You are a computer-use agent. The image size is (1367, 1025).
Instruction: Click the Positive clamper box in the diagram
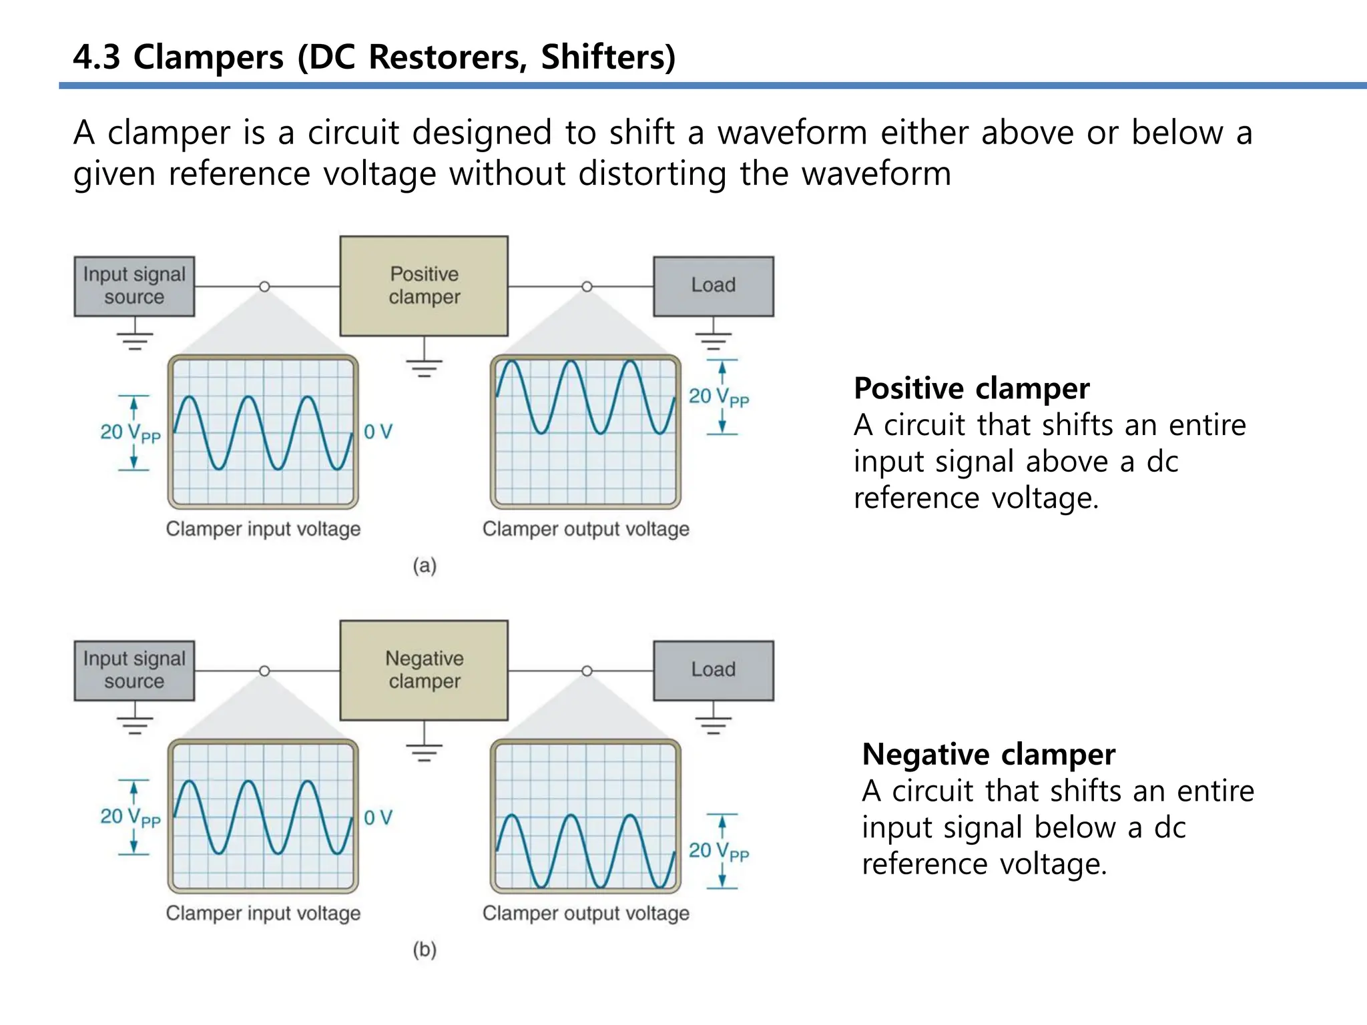(424, 286)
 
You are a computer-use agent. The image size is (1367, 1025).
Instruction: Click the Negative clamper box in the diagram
(424, 670)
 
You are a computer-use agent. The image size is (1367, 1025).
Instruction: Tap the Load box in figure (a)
(713, 286)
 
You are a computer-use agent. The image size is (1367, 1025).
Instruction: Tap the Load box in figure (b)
(713, 670)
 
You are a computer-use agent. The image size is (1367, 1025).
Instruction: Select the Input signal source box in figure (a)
(134, 286)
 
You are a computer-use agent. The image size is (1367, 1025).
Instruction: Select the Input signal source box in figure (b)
(134, 670)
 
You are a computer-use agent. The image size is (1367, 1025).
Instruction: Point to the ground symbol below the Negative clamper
(424, 752)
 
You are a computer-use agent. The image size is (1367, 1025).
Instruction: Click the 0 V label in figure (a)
(378, 432)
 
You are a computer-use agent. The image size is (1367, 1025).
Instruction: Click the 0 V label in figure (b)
(378, 817)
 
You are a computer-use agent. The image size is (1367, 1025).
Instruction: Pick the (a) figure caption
(425, 566)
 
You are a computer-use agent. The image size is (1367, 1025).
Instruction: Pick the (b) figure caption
(425, 949)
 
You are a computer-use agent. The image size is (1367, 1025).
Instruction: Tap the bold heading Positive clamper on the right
(971, 388)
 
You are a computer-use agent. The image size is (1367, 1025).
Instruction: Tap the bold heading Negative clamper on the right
(988, 754)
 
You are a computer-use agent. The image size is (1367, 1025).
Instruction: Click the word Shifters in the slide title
(607, 57)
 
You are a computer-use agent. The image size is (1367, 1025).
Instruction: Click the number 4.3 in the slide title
(97, 57)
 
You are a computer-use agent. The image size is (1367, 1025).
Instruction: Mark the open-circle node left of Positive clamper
(264, 286)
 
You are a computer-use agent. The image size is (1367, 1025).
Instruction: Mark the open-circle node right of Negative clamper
(587, 671)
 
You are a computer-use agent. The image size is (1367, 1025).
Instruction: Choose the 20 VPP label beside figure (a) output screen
(718, 397)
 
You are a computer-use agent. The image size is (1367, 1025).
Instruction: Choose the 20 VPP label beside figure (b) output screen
(718, 851)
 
